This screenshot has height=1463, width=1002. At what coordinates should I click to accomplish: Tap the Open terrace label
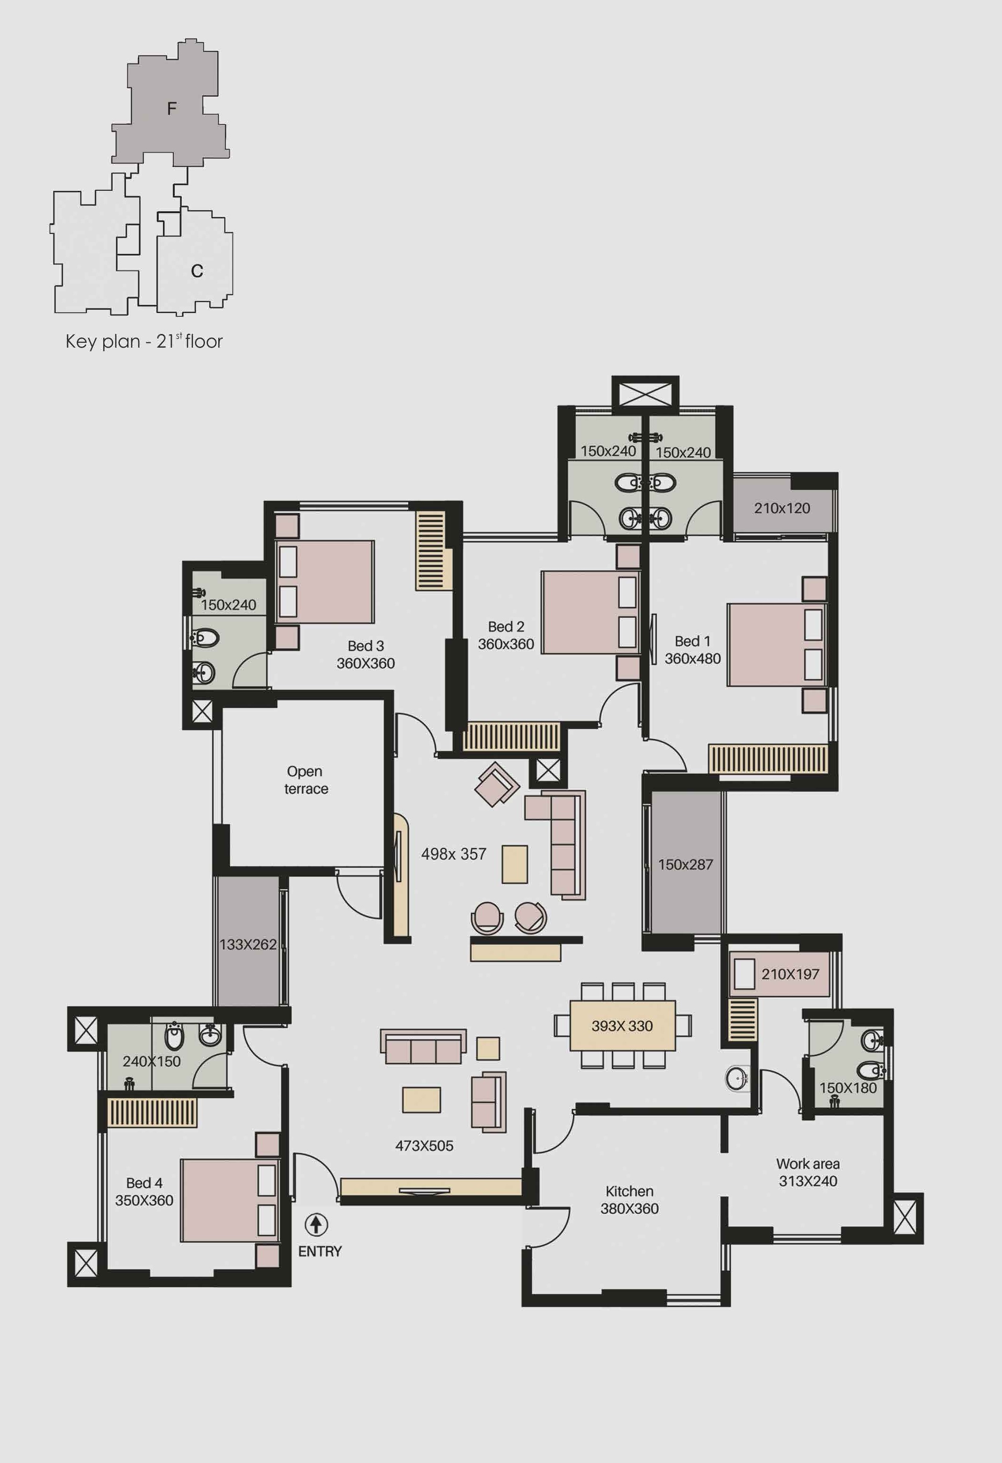pos(306,780)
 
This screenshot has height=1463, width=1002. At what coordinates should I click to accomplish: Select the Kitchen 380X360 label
pos(629,1200)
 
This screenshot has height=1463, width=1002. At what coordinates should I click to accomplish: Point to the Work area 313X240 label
pos(808,1172)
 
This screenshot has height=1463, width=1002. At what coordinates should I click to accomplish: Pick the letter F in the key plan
pos(171,109)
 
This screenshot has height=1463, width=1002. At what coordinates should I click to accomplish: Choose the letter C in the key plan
pos(197,271)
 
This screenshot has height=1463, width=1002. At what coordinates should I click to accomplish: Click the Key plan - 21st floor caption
pos(144,341)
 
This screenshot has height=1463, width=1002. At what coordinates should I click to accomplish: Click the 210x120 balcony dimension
pos(782,508)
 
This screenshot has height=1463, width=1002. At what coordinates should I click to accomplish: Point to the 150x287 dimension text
pos(685,864)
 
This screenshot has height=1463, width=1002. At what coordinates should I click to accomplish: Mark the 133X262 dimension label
pos(248,944)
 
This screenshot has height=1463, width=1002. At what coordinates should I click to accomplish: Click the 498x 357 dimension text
pos(454,853)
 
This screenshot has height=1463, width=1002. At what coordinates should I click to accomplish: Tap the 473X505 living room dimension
pos(424,1146)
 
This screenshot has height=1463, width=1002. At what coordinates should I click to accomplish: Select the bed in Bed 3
pos(325,582)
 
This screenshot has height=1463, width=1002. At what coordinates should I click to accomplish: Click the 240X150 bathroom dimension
pos(152,1061)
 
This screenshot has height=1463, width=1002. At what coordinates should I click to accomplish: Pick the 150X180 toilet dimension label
pos(848,1087)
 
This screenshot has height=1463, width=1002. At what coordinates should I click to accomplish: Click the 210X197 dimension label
pos(790,974)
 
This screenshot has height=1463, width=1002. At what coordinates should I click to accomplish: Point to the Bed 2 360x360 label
pos(506,635)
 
